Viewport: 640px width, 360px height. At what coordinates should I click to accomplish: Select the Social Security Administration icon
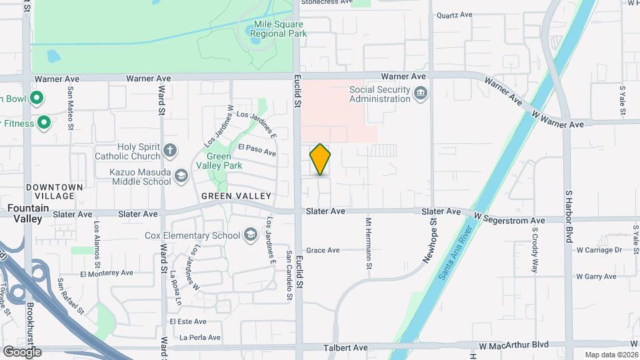421,95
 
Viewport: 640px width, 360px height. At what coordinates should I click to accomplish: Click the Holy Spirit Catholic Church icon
170,150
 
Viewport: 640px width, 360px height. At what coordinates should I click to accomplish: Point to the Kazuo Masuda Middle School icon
181,176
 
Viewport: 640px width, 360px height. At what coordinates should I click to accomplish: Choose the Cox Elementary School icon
250,235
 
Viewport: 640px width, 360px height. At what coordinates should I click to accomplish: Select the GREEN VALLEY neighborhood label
237,196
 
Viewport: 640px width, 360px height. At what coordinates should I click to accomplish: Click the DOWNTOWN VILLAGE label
54,191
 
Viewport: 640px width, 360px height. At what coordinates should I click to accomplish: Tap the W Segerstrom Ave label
509,220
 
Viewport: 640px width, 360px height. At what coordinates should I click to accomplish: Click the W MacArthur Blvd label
513,345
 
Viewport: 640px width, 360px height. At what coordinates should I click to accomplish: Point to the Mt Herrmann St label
368,243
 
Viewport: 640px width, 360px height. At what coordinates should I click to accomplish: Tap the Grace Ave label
323,251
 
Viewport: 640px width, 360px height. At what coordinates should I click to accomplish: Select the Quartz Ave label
454,15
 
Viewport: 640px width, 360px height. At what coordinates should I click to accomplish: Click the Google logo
22,352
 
